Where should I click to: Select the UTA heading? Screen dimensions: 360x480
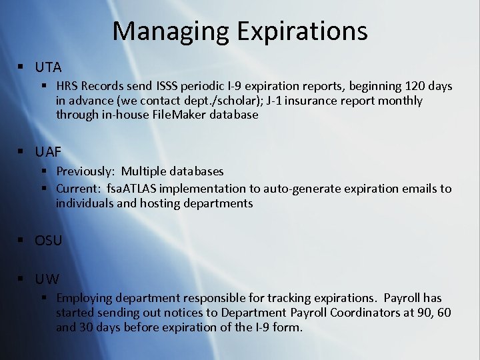(x=48, y=67)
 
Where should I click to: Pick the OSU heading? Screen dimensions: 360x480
(x=48, y=241)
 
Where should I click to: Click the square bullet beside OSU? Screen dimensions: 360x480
(x=22, y=241)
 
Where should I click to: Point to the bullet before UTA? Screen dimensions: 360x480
(x=22, y=67)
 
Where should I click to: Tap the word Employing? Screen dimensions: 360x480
(x=83, y=298)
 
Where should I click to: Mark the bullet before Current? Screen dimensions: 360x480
(x=46, y=189)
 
